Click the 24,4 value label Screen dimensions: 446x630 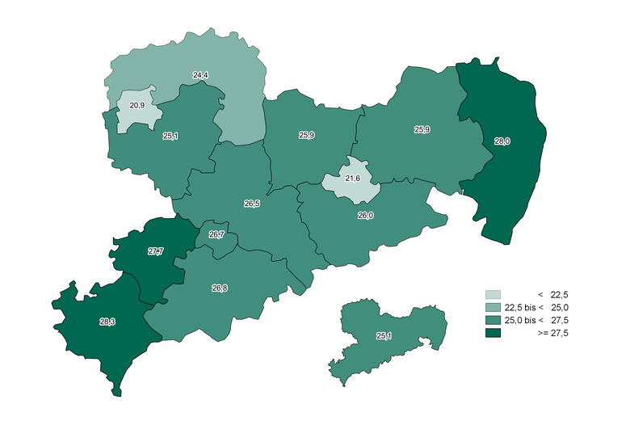pos(200,75)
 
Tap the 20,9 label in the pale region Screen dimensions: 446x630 pos(136,105)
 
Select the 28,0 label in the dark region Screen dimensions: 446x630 pos(502,141)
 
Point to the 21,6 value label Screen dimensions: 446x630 pos(352,178)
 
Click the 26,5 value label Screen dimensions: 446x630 pos(251,204)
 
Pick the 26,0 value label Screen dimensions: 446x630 pos(365,216)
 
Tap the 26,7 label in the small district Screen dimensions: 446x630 pos(216,235)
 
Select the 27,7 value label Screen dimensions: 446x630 pos(155,251)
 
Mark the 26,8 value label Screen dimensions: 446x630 pos(219,288)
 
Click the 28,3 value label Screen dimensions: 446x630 pos(107,322)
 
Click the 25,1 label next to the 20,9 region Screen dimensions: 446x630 pos(170,137)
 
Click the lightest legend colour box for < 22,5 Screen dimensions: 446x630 pos(493,295)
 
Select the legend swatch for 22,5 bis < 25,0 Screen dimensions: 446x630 pos(493,308)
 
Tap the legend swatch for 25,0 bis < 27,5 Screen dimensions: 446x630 pos(493,321)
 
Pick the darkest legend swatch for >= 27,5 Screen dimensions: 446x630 pos(493,334)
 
